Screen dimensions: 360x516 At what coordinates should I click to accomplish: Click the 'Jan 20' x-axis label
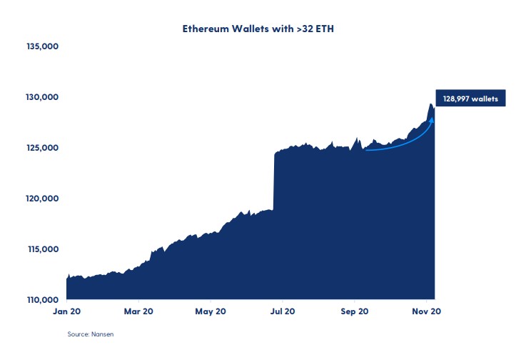[66, 311]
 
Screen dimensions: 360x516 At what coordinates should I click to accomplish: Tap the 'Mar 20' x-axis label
[138, 311]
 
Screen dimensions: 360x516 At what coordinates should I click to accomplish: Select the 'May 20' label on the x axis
[211, 311]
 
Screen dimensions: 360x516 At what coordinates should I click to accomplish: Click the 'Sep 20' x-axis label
[354, 311]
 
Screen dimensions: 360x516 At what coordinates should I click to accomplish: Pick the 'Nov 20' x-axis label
[426, 311]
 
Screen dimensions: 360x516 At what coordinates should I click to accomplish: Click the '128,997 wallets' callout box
[471, 98]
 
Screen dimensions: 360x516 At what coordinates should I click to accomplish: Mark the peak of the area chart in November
[430, 104]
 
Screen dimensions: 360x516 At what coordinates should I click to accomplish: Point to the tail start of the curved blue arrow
[365, 149]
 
